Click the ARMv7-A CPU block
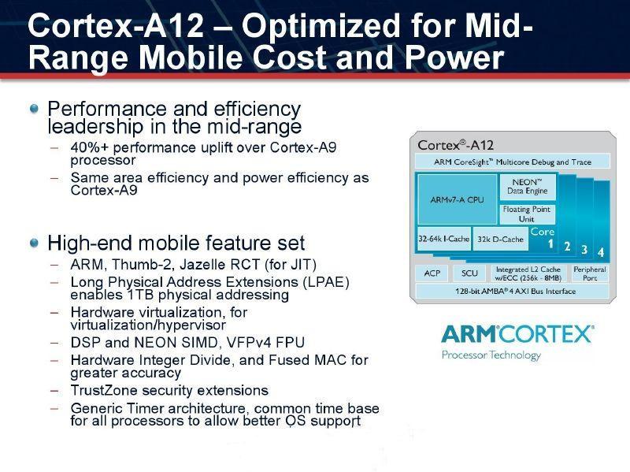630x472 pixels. (x=458, y=199)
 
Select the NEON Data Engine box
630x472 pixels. (x=528, y=187)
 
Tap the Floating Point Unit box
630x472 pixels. (x=527, y=214)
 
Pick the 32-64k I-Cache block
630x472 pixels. (x=443, y=239)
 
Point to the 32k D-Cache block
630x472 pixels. (x=500, y=239)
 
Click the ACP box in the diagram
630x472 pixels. (x=432, y=273)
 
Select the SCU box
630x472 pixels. (x=469, y=273)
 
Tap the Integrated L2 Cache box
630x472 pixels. (x=528, y=273)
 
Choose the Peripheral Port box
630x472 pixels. (x=589, y=273)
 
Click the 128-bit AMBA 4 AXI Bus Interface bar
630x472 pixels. (x=513, y=291)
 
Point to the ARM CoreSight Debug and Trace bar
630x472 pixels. (x=513, y=162)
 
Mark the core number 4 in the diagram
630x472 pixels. (x=601, y=252)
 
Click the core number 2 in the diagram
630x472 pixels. (x=567, y=246)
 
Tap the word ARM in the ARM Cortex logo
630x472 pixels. (x=469, y=335)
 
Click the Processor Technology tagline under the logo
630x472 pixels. (x=491, y=355)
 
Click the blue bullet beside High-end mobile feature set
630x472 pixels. (x=35, y=243)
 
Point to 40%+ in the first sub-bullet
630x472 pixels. (x=89, y=147)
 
